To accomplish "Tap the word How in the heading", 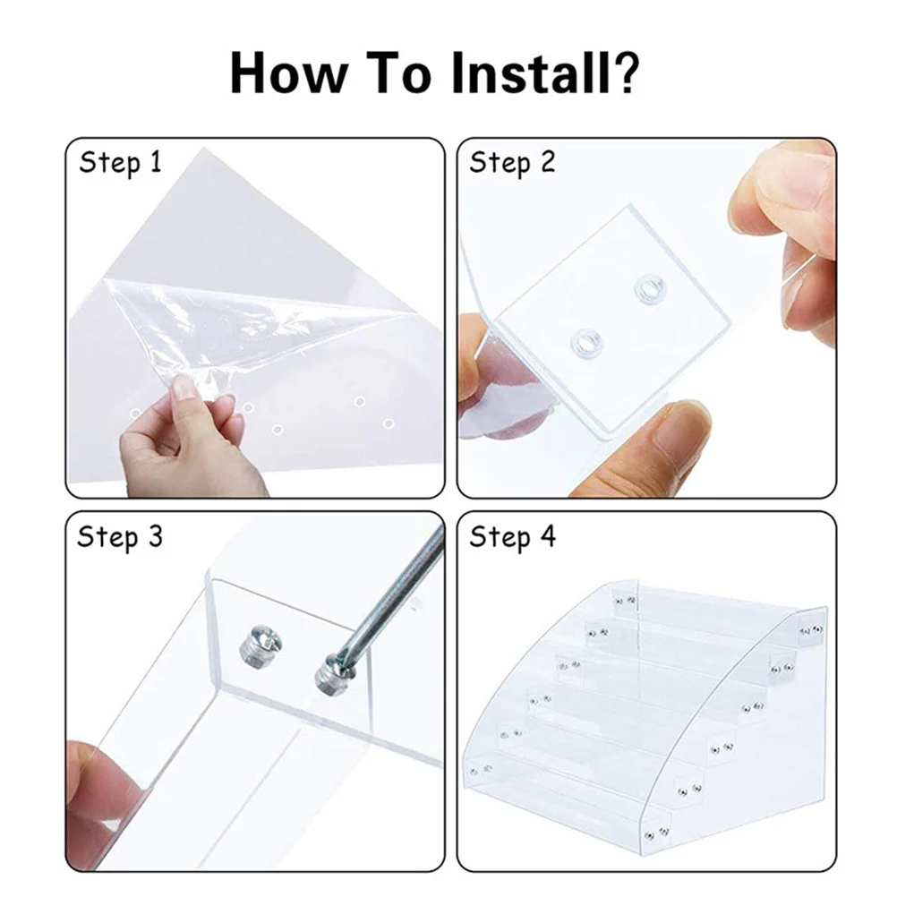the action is click(289, 73).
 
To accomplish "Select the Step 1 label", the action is click(120, 164).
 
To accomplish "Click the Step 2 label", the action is click(512, 164).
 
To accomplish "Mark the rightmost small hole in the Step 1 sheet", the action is click(389, 424).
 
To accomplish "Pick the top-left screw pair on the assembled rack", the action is click(625, 601).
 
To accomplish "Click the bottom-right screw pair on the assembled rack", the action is click(656, 833).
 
